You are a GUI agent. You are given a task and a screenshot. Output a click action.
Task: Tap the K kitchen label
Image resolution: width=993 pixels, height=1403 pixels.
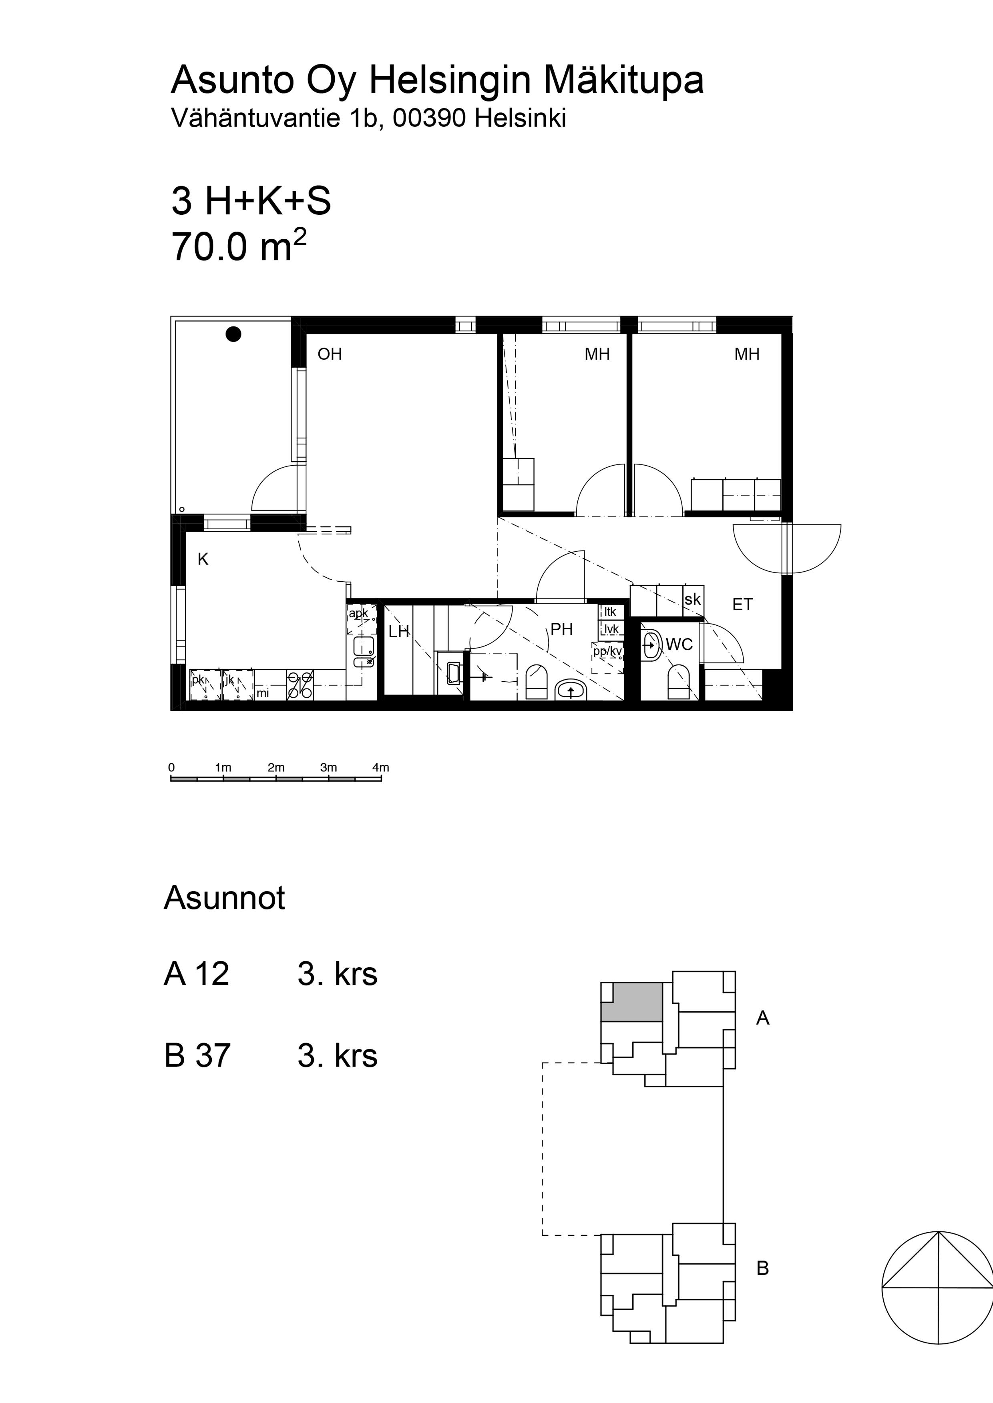click(203, 559)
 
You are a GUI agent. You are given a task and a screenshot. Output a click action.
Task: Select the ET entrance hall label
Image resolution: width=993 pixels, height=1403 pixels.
click(742, 604)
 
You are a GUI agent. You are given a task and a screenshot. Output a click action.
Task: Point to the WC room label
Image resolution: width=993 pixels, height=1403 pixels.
click(679, 644)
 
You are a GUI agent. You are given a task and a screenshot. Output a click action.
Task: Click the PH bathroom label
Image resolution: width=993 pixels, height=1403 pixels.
click(561, 629)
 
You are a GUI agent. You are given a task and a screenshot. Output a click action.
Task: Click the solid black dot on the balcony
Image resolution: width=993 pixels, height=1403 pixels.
click(233, 334)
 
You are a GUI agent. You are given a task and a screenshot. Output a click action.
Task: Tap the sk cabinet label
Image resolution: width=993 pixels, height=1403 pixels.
click(692, 599)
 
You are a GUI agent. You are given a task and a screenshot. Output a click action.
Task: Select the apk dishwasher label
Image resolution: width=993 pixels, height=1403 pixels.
click(358, 613)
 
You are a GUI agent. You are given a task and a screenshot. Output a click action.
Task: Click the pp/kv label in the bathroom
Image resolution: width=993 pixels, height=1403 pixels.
click(607, 651)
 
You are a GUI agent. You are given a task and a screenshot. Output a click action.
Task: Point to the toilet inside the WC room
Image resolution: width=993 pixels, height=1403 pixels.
click(679, 682)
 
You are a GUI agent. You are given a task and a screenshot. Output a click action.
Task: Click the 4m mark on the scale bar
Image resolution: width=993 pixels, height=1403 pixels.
click(380, 767)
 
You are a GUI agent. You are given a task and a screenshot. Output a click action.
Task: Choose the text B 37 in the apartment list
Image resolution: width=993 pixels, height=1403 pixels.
click(197, 1055)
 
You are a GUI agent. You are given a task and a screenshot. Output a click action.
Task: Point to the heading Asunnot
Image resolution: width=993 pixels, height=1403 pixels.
click(224, 898)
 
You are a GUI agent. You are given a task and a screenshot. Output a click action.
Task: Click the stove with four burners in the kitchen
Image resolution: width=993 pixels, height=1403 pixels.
click(300, 684)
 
